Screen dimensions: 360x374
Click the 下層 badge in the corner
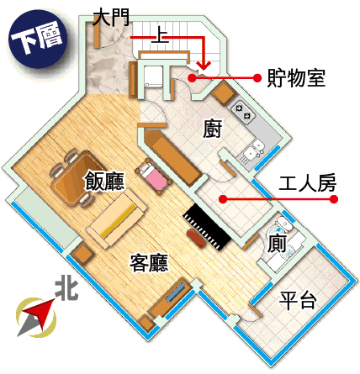pos(38,39)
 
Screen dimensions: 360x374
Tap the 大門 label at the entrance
pos(111,18)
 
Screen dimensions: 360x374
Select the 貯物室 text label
pos(296,78)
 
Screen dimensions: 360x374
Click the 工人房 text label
pos(308,183)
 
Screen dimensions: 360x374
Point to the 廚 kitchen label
pos(213,129)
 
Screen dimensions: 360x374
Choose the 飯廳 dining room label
pos(104,181)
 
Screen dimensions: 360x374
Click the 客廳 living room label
pos(149,263)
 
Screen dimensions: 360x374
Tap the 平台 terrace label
pos(298,301)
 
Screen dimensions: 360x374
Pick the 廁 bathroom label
pos(277,244)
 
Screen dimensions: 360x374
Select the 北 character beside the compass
pos(66,290)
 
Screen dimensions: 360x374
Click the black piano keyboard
pos(207,227)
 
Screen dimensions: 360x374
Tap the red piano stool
pos(197,238)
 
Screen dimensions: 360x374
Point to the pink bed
pos(153,176)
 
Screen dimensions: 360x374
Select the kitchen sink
pos(254,150)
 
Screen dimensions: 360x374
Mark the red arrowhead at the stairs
pos(204,66)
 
